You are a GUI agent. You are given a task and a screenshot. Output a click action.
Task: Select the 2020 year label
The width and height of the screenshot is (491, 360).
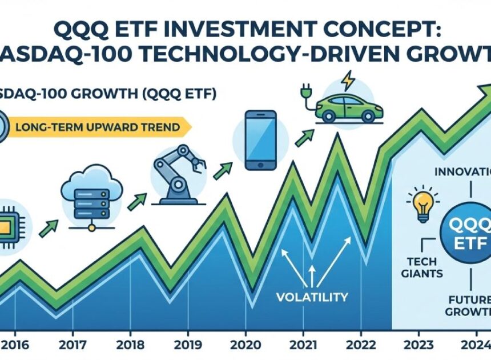[246, 345]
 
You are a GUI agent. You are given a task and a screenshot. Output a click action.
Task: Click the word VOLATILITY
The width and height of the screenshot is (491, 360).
[311, 297]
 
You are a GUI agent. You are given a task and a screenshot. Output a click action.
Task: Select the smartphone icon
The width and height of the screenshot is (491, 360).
[260, 140]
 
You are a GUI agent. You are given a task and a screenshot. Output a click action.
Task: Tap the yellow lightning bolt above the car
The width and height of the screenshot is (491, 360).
[347, 80]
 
